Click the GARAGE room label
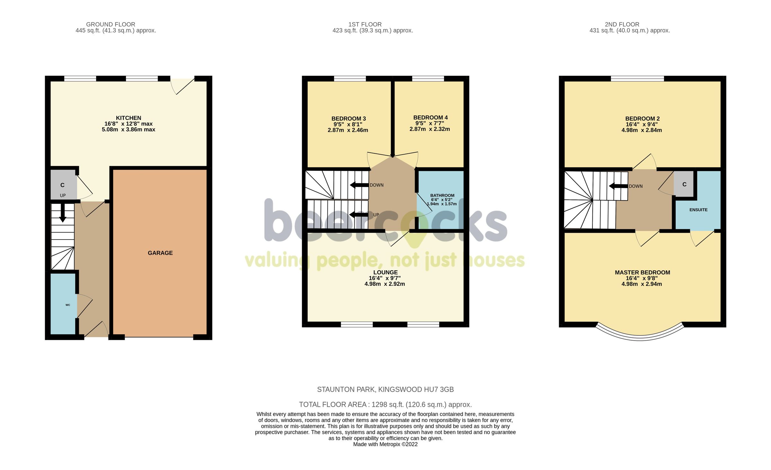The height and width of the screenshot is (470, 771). point(160,253)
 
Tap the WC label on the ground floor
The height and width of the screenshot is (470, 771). point(68,305)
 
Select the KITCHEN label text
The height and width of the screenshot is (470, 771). point(128,118)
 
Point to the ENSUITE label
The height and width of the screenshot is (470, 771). point(698,210)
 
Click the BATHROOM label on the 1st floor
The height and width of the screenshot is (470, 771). point(442,195)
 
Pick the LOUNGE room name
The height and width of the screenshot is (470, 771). point(385,272)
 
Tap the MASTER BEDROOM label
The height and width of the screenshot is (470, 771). point(642,273)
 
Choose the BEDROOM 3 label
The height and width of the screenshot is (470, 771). point(349,119)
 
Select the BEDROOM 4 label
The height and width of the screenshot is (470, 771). point(430,118)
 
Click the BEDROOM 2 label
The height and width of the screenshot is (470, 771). point(642,119)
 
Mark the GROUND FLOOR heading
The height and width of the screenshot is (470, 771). point(111,24)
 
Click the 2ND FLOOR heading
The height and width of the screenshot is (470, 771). point(622,24)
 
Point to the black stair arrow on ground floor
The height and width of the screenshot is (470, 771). point(63,213)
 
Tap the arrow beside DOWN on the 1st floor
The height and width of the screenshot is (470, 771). point(359,185)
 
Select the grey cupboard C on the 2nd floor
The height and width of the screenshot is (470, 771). point(684,184)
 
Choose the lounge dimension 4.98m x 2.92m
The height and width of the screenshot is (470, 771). point(385,284)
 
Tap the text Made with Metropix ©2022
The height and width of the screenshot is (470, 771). point(385,444)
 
